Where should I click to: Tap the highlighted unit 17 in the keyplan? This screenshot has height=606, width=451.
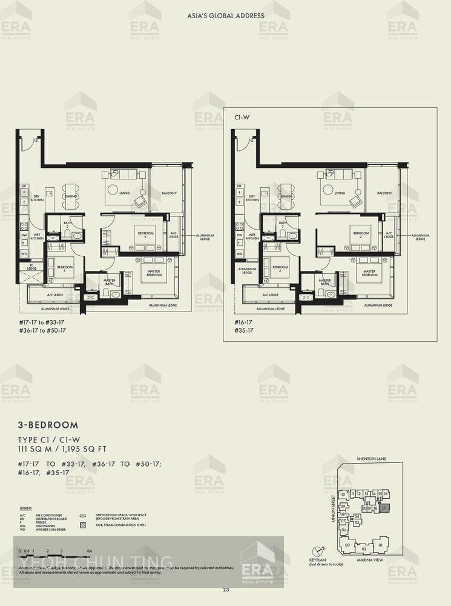point(384,508)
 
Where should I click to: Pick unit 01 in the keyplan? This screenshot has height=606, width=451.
point(380,545)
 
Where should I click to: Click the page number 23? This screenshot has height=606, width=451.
point(225,590)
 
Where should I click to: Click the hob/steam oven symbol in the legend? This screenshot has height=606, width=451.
point(83,525)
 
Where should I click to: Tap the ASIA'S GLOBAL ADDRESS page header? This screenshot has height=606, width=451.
point(225,16)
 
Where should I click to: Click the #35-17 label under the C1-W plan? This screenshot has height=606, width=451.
point(243,330)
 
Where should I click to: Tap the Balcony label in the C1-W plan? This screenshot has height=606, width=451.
point(384,193)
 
